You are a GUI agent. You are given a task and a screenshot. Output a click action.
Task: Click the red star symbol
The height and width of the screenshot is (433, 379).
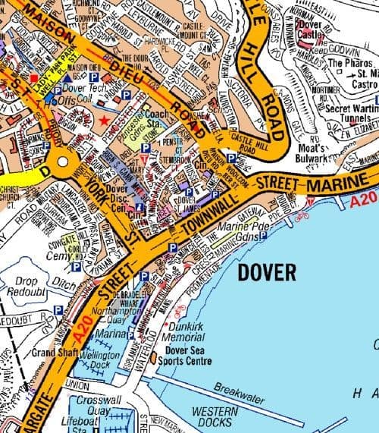[104, 121]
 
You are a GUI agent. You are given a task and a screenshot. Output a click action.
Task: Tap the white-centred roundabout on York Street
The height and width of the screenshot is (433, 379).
[60, 162]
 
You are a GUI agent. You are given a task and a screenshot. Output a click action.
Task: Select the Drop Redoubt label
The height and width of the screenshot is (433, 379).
[26, 287]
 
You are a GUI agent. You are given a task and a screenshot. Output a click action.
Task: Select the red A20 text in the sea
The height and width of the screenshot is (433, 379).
[365, 199]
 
